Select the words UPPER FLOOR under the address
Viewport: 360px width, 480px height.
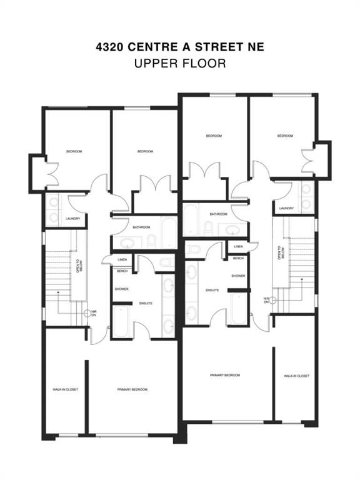tap(179, 63)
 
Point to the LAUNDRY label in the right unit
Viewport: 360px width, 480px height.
tap(286, 208)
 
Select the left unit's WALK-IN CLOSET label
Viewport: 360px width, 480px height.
tap(65, 389)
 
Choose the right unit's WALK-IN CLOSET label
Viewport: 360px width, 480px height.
tap(296, 376)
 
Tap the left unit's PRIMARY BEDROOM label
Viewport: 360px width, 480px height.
tap(132, 389)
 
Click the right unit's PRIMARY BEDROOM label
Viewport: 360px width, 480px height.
tap(225, 375)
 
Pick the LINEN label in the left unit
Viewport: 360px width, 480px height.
tap(122, 259)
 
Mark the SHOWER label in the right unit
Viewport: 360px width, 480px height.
tap(238, 276)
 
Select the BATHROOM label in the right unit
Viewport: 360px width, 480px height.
tap(218, 214)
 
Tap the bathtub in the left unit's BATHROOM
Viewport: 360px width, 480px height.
tap(169, 232)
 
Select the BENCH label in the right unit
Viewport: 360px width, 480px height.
tap(238, 258)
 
